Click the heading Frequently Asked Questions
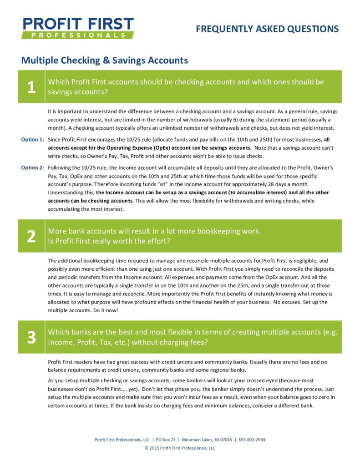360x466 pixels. click(267, 29)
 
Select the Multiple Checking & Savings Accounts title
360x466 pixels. click(105, 60)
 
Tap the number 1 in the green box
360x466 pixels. click(31, 87)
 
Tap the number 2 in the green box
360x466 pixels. click(31, 236)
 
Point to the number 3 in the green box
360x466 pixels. click(31, 337)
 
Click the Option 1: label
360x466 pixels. click(32, 140)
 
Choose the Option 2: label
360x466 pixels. click(32, 167)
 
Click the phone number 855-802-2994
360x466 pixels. click(252, 440)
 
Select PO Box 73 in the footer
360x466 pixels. click(166, 440)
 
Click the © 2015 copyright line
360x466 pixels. click(180, 448)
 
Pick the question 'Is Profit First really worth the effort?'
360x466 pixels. click(109, 241)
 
